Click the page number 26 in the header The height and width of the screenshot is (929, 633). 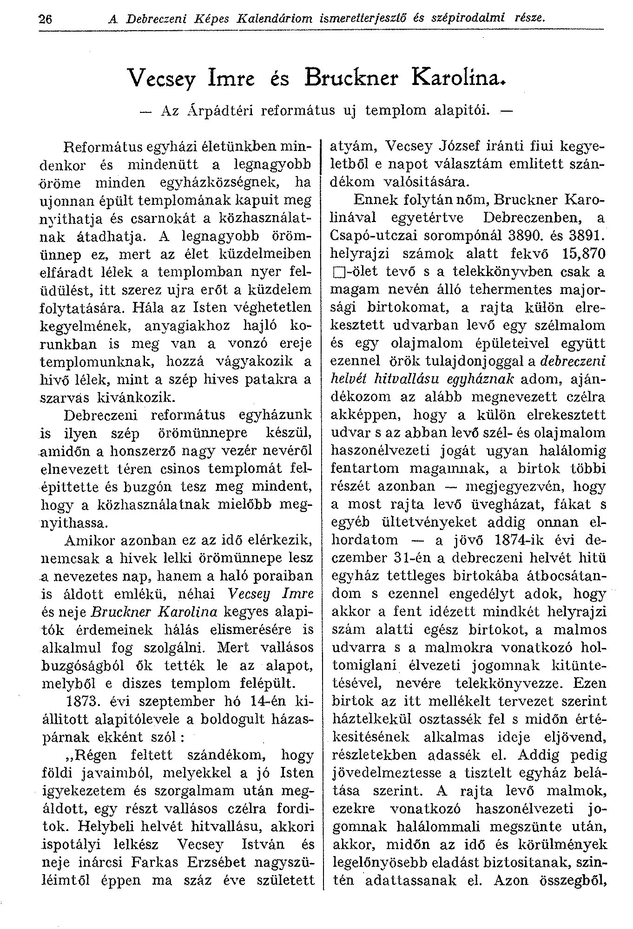46,19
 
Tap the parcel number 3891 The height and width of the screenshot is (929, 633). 588,236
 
